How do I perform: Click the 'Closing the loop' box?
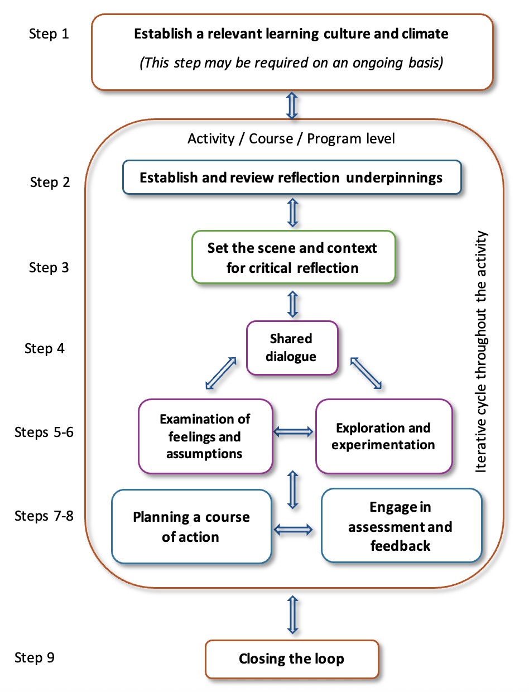(292, 659)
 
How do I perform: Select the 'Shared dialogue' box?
(292, 348)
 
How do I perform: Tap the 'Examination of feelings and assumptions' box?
(205, 436)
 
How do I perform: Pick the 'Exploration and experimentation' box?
(383, 436)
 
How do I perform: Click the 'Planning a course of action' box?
(191, 527)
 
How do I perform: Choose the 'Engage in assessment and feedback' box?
(401, 527)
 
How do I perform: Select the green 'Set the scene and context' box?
(293, 258)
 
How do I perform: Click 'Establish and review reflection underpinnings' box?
(291, 178)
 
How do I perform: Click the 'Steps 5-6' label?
(44, 433)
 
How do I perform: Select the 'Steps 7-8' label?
(44, 516)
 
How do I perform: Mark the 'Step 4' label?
(45, 349)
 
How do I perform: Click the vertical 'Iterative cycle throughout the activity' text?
(482, 352)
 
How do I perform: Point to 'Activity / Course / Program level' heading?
(291, 139)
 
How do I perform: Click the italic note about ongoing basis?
(291, 63)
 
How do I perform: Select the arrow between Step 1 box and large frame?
(292, 104)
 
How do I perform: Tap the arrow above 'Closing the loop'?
(292, 614)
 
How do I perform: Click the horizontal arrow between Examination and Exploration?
(294, 431)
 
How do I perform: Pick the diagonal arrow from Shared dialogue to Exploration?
(367, 373)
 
